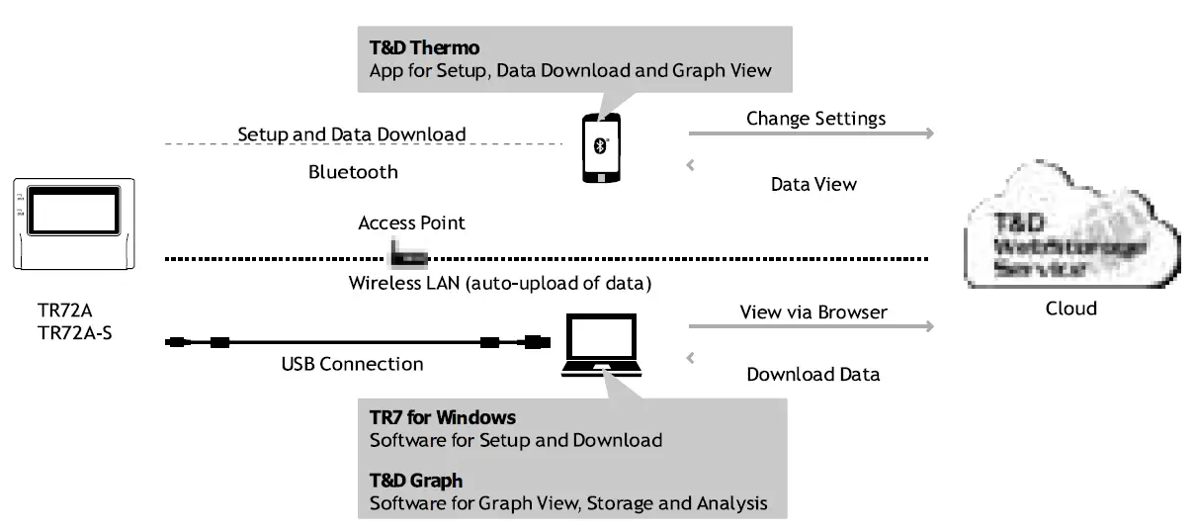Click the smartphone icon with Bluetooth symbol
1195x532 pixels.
click(x=601, y=148)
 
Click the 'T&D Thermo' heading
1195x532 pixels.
click(x=424, y=47)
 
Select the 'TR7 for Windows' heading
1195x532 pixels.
click(x=442, y=417)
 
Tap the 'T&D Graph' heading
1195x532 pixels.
click(x=415, y=481)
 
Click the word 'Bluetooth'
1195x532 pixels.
click(x=353, y=172)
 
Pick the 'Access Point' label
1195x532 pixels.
click(x=411, y=223)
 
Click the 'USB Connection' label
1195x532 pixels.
click(x=352, y=364)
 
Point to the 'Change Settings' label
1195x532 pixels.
click(x=815, y=119)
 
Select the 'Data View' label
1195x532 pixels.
click(x=812, y=184)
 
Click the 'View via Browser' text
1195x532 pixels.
click(x=813, y=312)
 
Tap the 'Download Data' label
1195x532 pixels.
click(x=812, y=375)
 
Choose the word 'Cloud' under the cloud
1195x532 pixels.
click(x=1070, y=309)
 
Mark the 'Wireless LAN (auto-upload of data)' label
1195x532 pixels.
click(x=499, y=284)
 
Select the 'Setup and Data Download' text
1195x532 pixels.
click(x=351, y=133)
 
